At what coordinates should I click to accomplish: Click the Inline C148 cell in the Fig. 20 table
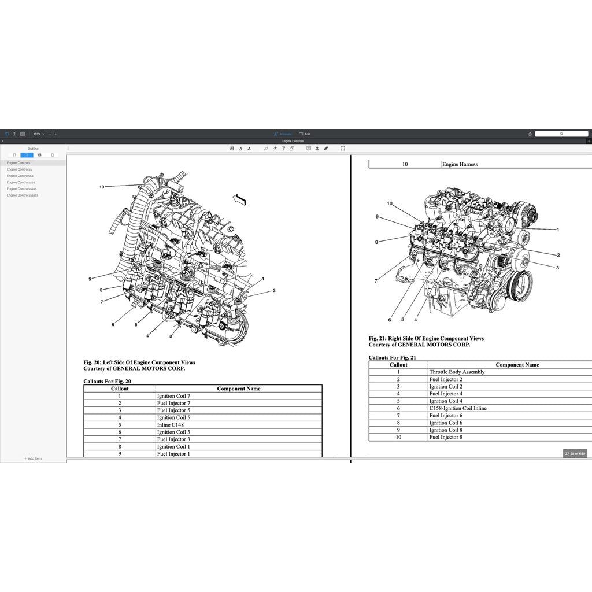171,425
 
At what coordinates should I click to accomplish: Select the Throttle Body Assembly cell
457,372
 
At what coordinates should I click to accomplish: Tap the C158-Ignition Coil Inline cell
457,408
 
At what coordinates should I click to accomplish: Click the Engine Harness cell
460,164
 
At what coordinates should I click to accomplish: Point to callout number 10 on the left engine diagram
102,187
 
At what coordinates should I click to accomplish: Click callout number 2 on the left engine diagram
274,291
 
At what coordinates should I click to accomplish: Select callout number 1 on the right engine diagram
558,230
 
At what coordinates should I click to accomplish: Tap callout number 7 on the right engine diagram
376,281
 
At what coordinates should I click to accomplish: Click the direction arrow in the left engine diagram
239,200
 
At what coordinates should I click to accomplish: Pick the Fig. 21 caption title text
426,338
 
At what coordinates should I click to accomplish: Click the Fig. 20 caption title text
139,362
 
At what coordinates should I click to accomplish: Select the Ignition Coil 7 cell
173,396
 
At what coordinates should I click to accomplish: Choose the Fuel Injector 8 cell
445,437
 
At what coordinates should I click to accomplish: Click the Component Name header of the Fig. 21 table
517,365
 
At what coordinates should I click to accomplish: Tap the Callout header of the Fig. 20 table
120,388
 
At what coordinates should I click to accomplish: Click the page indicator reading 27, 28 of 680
575,454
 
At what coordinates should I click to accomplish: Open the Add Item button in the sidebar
33,458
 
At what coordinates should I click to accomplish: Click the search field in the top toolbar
561,134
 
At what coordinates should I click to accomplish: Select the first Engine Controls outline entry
18,163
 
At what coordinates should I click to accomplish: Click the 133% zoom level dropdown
38,134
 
